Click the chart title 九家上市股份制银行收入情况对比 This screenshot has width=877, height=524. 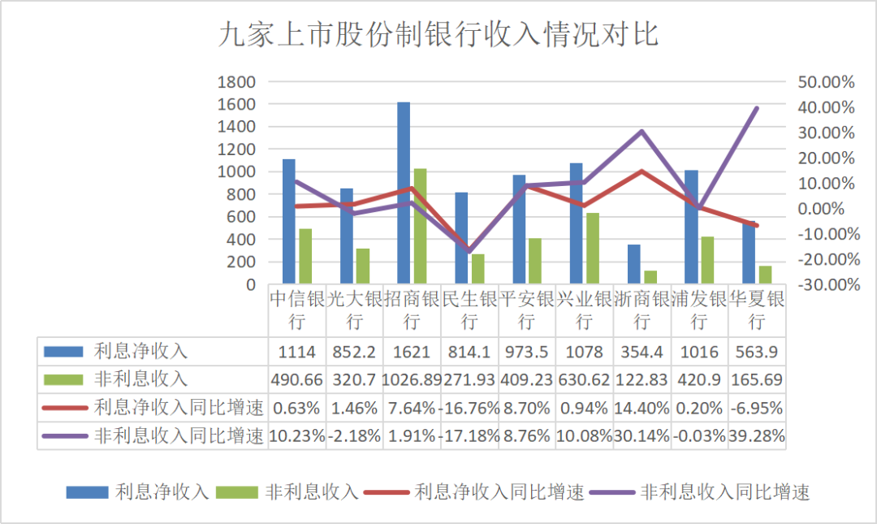438,37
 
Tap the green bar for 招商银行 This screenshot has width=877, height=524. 420,227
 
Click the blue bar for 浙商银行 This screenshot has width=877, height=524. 633,265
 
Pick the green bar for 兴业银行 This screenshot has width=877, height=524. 593,249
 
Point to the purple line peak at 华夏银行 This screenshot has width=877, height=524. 757,108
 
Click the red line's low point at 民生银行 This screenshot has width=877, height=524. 469,250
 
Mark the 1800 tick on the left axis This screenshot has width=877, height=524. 237,82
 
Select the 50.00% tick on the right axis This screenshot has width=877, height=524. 827,82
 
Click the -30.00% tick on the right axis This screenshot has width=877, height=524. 827,285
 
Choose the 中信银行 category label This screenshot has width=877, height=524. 297,310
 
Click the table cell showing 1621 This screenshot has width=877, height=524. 412,352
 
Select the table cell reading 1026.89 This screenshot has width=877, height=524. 412,379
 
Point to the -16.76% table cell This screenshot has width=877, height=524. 469,407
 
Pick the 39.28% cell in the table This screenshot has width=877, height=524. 757,435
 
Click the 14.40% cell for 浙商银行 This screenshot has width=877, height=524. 642,407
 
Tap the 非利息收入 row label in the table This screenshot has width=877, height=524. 140,379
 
